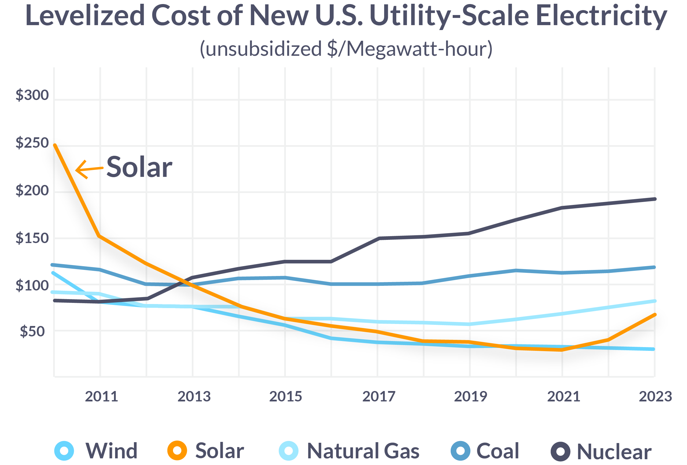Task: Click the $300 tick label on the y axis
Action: click(32, 95)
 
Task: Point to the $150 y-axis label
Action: click(32, 238)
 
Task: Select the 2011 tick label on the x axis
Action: click(102, 397)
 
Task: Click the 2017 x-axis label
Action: click(379, 397)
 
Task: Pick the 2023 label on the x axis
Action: click(655, 397)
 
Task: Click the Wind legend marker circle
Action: click(64, 451)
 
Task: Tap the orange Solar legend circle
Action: click(177, 451)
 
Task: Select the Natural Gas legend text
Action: click(363, 451)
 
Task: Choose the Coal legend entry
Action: click(498, 451)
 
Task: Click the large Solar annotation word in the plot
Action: click(139, 167)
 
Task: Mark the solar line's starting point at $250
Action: click(55, 145)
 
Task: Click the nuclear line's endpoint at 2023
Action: click(655, 199)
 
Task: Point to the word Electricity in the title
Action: click(601, 16)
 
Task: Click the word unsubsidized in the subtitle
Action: click(264, 49)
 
